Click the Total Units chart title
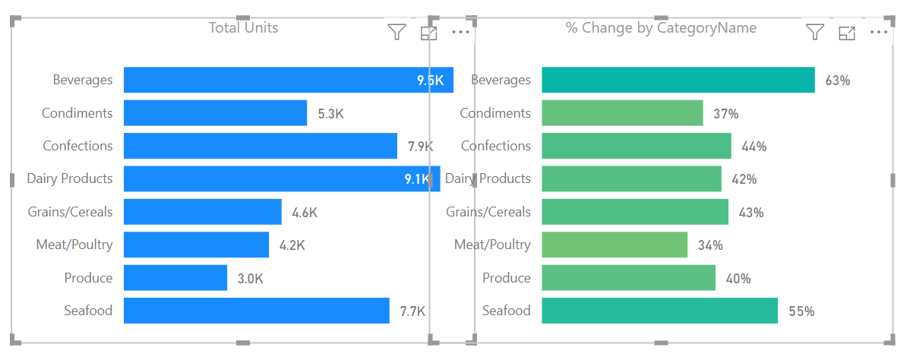pyautogui.click(x=243, y=28)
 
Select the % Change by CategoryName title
pyautogui.click(x=661, y=28)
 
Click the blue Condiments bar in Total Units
pyautogui.click(x=215, y=113)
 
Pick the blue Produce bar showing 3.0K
pyautogui.click(x=175, y=278)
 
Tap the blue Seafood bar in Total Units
pyautogui.click(x=256, y=311)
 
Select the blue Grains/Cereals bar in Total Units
pyautogui.click(x=202, y=212)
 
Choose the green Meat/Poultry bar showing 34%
pyautogui.click(x=614, y=245)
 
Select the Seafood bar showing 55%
pyautogui.click(x=659, y=311)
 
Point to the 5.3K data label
pyautogui.click(x=330, y=114)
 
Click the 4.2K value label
pyautogui.click(x=292, y=245)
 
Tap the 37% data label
pyautogui.click(x=725, y=114)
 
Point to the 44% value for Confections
pyautogui.click(x=754, y=147)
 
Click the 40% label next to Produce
pyautogui.click(x=738, y=279)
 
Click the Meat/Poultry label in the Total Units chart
pyautogui.click(x=74, y=245)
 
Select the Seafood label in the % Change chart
pyautogui.click(x=506, y=311)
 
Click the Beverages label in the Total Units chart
pyautogui.click(x=82, y=80)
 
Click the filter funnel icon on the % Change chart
pyautogui.click(x=814, y=32)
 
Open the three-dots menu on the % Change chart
pyautogui.click(x=878, y=32)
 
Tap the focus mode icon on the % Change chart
pyautogui.click(x=846, y=33)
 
